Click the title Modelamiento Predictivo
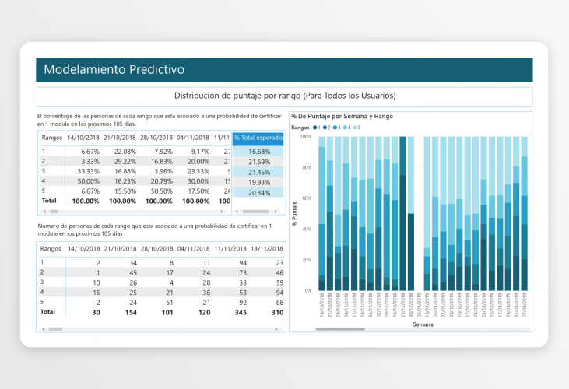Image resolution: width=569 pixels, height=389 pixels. click(x=114, y=69)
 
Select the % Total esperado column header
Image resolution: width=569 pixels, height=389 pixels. click(x=258, y=138)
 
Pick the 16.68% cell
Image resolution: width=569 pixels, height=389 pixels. click(x=258, y=152)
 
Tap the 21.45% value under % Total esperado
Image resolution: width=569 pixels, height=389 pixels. click(x=258, y=172)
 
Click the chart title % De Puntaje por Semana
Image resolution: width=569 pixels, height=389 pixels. click(x=342, y=116)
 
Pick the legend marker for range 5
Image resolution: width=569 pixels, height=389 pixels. click(x=355, y=127)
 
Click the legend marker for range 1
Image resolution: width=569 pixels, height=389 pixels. click(x=315, y=127)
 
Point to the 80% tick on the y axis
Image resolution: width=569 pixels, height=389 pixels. click(x=305, y=167)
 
